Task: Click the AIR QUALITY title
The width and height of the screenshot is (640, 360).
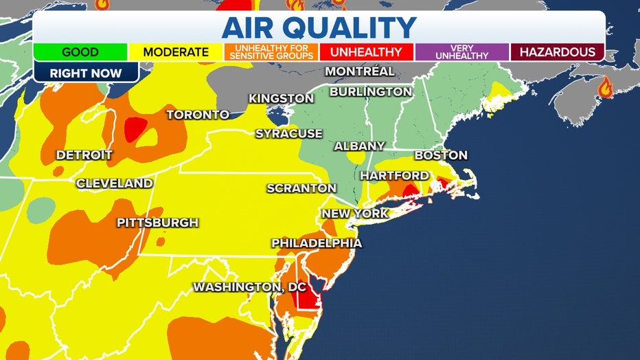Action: tap(319, 27)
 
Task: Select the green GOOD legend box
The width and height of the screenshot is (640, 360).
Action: tap(81, 52)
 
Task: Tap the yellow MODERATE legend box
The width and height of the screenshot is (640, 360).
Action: tap(176, 52)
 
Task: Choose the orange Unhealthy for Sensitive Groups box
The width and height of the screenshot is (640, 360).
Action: tap(271, 52)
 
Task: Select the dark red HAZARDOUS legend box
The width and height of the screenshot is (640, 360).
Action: tap(557, 52)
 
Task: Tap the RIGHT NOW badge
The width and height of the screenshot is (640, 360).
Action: tap(86, 73)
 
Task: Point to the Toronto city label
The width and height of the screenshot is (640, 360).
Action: tap(198, 115)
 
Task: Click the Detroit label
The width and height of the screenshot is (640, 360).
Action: tap(84, 155)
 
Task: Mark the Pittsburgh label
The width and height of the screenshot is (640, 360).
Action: tap(157, 223)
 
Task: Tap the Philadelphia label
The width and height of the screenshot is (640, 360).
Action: tap(317, 243)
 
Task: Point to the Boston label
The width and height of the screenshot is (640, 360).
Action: tap(441, 155)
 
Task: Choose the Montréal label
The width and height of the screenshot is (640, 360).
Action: tap(360, 71)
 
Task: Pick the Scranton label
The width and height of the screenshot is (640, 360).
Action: tap(301, 188)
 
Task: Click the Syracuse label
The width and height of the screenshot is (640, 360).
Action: tap(288, 133)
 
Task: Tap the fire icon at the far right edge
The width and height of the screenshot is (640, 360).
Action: tap(606, 87)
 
